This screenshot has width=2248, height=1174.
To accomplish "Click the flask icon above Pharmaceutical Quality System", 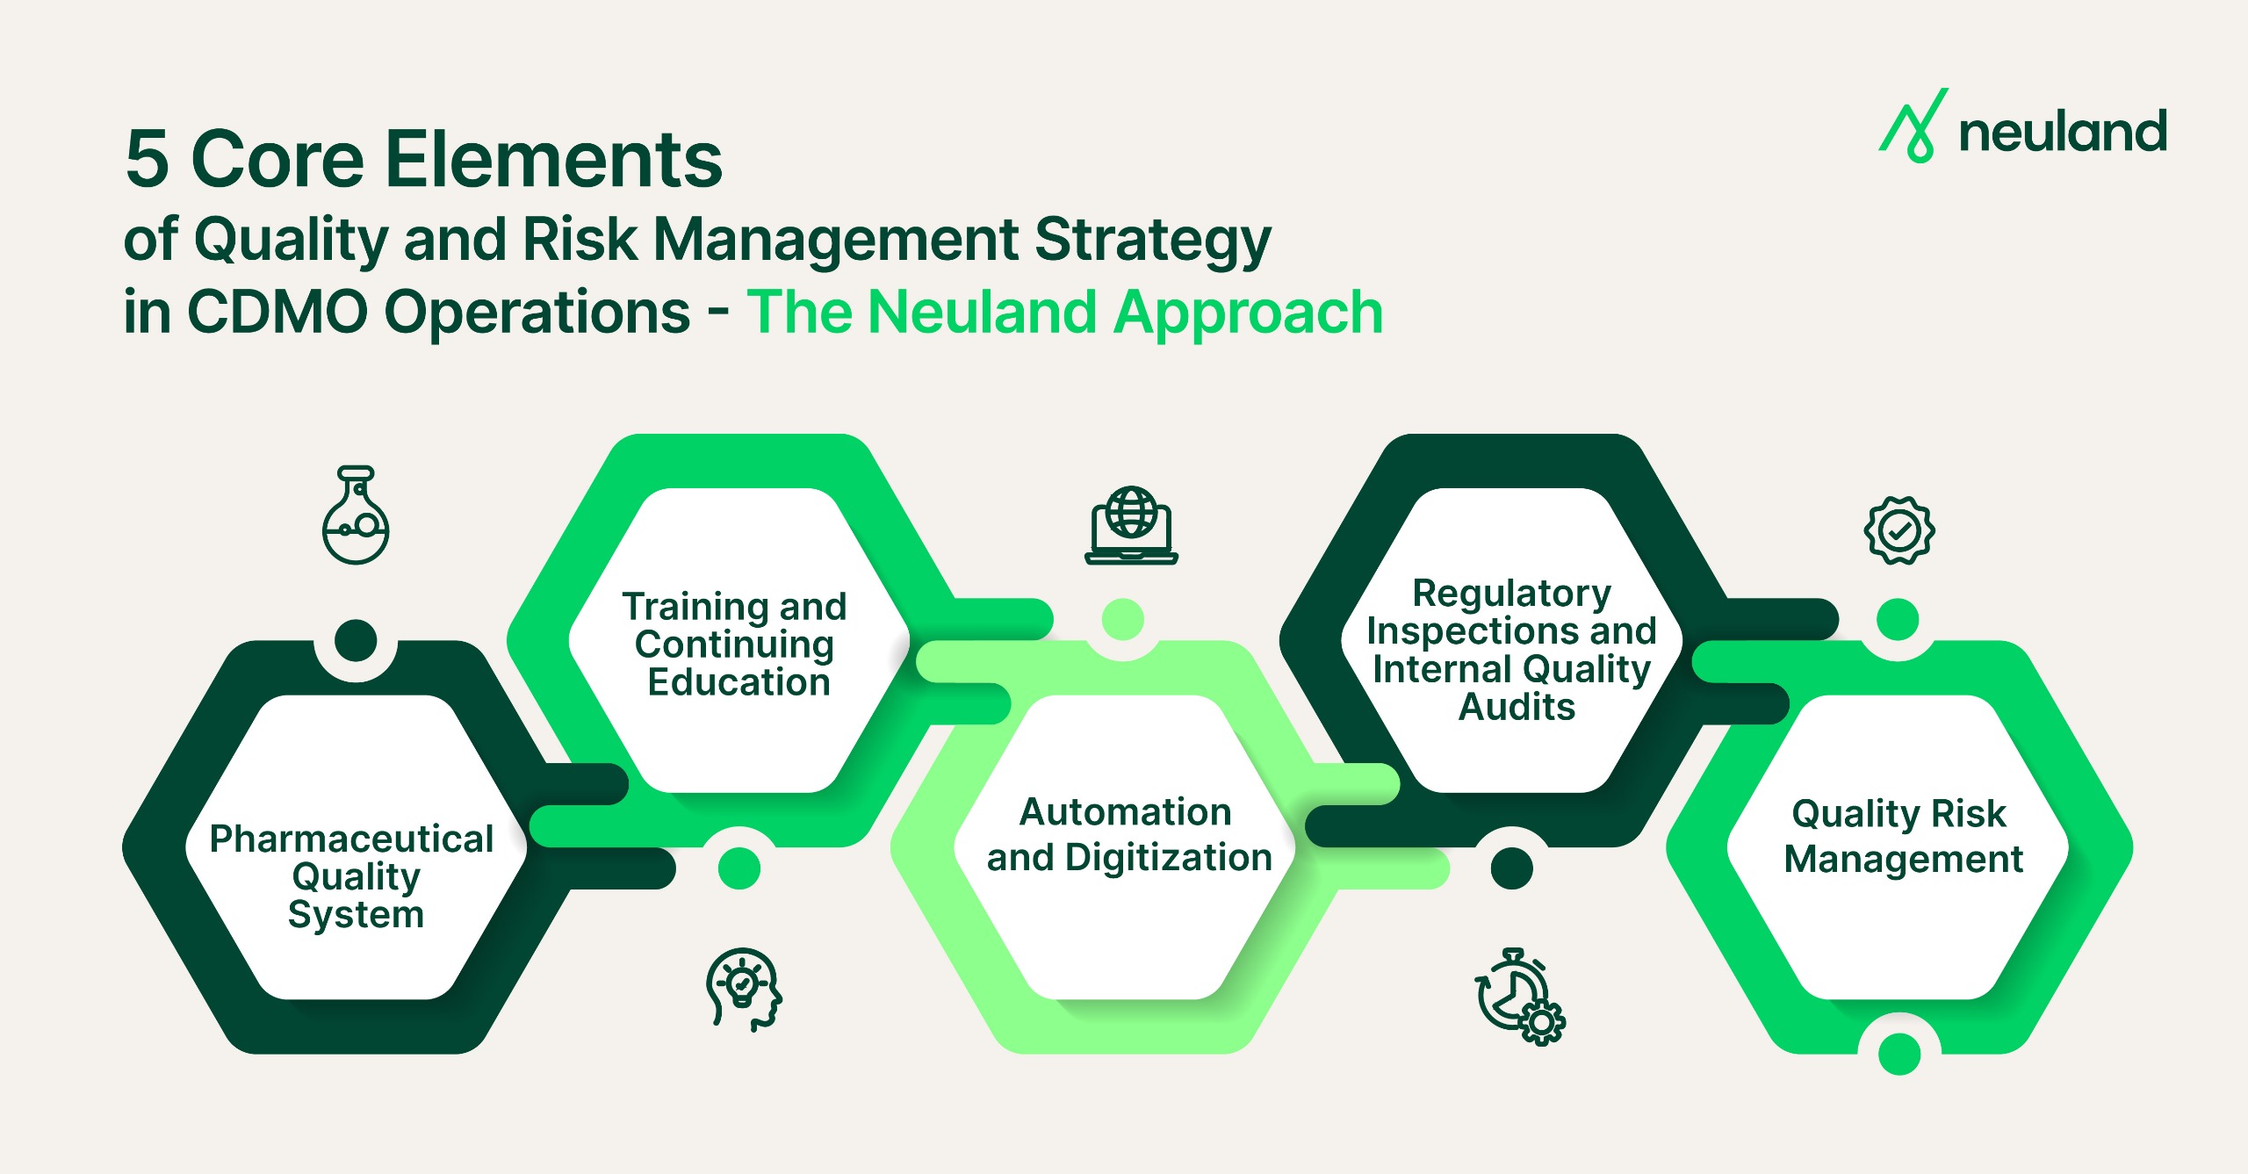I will click(x=356, y=516).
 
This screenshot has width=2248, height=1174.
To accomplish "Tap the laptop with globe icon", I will click(x=1131, y=525).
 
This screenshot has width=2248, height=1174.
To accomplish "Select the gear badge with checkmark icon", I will click(x=1899, y=529).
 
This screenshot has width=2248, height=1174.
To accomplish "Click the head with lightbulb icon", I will click(x=743, y=989).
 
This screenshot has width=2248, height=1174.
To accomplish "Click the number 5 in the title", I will click(x=147, y=160).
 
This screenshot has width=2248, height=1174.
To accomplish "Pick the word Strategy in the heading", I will click(x=1153, y=240).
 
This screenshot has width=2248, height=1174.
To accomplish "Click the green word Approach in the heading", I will click(x=1248, y=313).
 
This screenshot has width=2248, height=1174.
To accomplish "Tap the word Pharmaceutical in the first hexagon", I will click(x=351, y=839).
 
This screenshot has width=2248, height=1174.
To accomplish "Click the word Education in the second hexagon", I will click(x=739, y=682).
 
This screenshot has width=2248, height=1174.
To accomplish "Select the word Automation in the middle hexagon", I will click(x=1125, y=812).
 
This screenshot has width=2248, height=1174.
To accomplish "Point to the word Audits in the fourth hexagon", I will click(x=1517, y=707).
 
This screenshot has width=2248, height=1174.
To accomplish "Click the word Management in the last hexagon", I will click(x=1903, y=859).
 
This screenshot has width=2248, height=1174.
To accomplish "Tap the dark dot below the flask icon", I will click(x=356, y=640).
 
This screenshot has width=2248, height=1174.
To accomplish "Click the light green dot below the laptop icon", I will click(x=1122, y=619).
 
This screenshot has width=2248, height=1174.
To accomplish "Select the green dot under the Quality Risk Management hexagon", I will click(x=1899, y=1054).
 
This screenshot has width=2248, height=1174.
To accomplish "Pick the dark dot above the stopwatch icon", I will click(x=1511, y=868).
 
